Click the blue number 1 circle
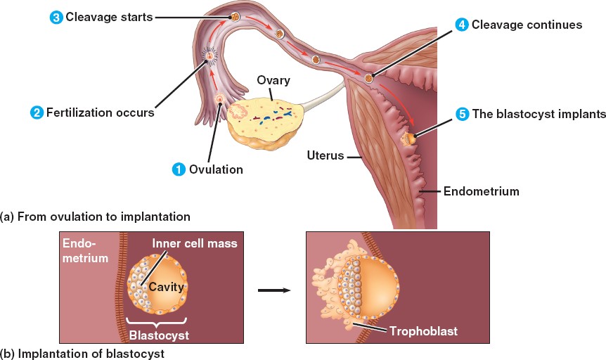click(179, 169)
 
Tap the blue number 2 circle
click(37, 112)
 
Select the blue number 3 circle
click(56, 17)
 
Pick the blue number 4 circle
click(462, 25)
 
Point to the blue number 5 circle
click(462, 114)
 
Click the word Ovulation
click(216, 169)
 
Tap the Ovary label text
click(273, 80)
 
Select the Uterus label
click(325, 155)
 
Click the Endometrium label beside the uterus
click(481, 191)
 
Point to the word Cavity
click(166, 288)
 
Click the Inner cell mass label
click(195, 243)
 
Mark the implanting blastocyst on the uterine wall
click(408, 138)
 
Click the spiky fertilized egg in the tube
click(209, 53)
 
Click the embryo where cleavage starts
click(236, 16)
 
